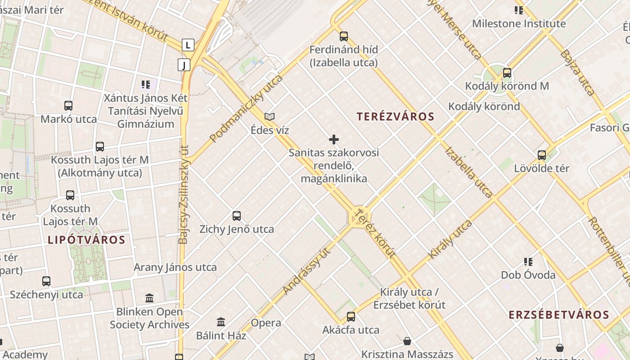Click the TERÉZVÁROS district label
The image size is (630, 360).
pos(396,117)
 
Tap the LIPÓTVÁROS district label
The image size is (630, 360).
pos(86,240)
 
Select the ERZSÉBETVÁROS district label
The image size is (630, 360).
pos(559,315)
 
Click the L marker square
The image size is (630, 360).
pos(188,45)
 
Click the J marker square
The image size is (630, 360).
pos(184,65)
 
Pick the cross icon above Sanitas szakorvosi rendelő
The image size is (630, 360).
pos(334,139)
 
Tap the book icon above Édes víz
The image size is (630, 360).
pos(270,117)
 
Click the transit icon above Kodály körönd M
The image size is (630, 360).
pos(507,73)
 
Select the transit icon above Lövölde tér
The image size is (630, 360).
pos(542,155)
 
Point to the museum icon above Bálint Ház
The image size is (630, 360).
pos(221,322)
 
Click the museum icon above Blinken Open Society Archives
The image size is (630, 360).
pos(149,298)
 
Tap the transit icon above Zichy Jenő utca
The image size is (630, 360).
pos(237,216)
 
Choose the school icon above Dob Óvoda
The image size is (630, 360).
pos(528,262)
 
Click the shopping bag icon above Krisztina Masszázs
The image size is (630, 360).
pos(407,341)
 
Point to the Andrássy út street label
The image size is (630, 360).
pos(307,270)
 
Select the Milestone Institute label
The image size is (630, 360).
pos(519,24)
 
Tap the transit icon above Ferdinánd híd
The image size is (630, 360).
pos(344,36)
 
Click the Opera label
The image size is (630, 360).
pos(266,323)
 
